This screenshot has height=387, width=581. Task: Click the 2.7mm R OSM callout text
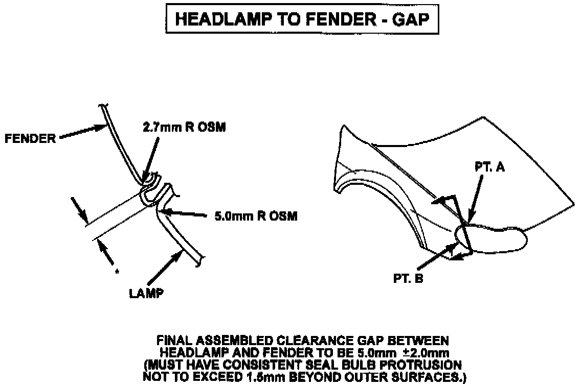[x=184, y=128]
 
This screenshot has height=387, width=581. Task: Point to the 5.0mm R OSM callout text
[x=256, y=216]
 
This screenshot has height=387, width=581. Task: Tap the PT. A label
[x=489, y=167]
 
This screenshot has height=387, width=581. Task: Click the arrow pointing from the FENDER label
[x=82, y=132]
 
